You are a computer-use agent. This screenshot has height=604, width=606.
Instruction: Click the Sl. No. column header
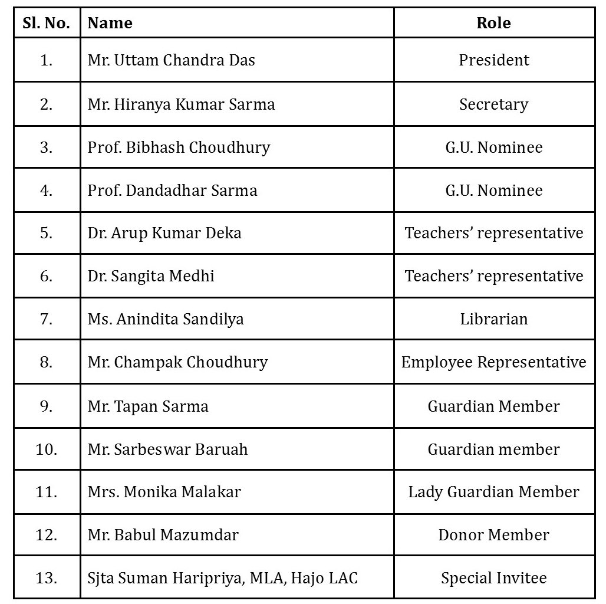tap(47, 24)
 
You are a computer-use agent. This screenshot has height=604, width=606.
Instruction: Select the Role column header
tap(493, 24)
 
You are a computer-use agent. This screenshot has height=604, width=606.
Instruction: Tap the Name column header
tap(110, 24)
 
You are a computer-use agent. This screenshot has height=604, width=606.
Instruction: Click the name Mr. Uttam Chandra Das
tap(171, 60)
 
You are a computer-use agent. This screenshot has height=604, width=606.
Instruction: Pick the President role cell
tap(494, 60)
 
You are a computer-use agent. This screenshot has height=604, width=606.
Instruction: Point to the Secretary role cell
tap(494, 104)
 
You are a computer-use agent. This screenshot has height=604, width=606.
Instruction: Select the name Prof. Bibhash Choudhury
tap(179, 147)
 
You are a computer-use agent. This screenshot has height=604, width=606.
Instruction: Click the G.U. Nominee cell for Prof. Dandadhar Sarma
tap(494, 191)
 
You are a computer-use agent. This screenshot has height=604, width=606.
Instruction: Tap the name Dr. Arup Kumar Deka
tap(164, 233)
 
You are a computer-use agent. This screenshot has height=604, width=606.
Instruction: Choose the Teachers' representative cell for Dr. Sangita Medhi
tap(494, 276)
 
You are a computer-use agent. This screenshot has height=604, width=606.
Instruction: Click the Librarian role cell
tap(494, 319)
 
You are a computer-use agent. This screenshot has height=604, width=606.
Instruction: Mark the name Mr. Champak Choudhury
tap(177, 362)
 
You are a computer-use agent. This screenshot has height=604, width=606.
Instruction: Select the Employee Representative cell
tap(494, 362)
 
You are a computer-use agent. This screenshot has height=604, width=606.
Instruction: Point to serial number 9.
tap(47, 406)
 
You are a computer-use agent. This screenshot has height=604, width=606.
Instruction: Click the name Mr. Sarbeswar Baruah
tap(167, 449)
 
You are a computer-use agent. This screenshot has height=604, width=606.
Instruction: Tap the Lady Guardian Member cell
tap(494, 492)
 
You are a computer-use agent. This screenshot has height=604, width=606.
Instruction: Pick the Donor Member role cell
tap(494, 535)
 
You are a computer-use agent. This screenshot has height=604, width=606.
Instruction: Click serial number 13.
tap(47, 578)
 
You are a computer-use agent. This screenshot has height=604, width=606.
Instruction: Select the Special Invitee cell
tap(494, 578)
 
